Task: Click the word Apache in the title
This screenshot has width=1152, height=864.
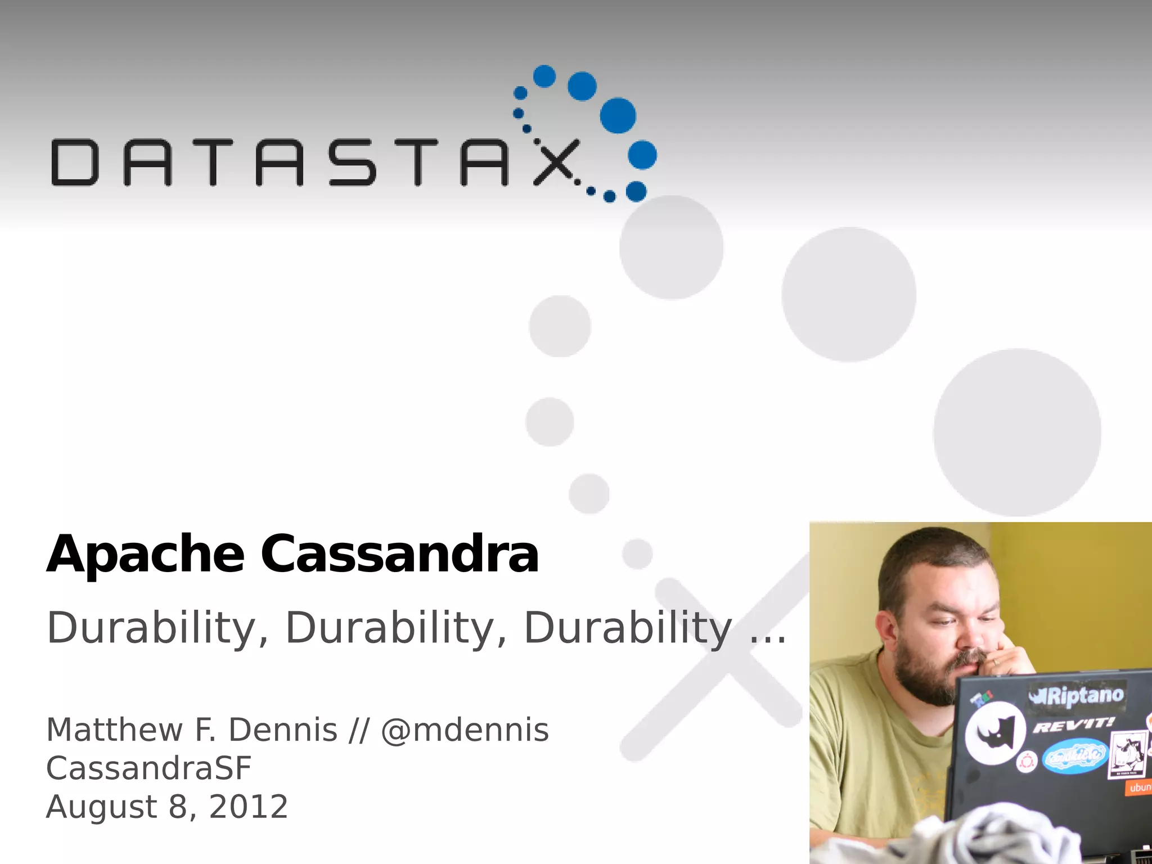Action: tap(145, 555)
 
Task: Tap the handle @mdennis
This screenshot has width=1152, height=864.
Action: tap(465, 730)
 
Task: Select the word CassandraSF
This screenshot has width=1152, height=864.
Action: tap(148, 768)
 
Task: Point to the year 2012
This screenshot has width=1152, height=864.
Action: tap(249, 807)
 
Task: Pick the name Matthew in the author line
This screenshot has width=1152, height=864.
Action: tap(114, 730)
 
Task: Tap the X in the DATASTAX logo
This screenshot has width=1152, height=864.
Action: tap(556, 162)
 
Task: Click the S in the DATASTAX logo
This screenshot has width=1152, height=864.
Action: tap(353, 162)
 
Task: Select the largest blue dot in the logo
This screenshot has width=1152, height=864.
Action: tap(618, 115)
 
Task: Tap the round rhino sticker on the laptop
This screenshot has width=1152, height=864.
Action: tap(995, 732)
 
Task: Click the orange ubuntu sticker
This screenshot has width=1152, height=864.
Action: tap(1140, 787)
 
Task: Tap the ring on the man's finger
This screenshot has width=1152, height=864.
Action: tap(996, 661)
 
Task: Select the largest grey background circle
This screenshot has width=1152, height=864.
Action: tap(1017, 432)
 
